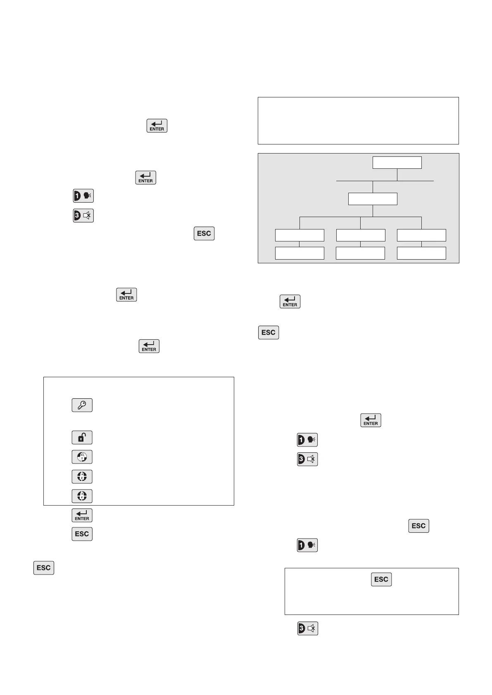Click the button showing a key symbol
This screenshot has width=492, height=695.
point(82,405)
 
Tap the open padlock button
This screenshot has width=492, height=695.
point(82,437)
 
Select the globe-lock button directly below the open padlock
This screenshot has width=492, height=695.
point(82,457)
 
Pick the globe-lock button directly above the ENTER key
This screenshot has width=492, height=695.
point(82,496)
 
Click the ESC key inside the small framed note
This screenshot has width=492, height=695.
point(381,579)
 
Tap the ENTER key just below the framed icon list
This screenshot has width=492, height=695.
point(82,515)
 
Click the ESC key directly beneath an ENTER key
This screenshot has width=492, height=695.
point(82,534)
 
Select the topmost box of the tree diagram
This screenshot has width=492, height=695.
point(397,163)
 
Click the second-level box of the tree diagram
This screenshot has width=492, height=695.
point(373,199)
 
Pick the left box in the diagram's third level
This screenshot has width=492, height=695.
point(299,235)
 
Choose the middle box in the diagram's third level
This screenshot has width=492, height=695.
point(361,235)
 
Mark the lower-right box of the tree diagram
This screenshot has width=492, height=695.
point(421,253)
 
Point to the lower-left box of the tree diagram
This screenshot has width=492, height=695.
point(299,253)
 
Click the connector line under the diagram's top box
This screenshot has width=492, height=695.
point(397,175)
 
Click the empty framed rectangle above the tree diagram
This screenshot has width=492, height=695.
point(358,121)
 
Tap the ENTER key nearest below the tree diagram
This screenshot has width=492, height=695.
point(290,302)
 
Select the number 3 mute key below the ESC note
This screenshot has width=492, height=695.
point(308,629)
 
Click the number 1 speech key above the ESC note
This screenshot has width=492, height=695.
point(307,545)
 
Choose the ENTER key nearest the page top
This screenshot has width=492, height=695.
point(157,125)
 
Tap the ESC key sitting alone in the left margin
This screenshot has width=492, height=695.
point(44,568)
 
